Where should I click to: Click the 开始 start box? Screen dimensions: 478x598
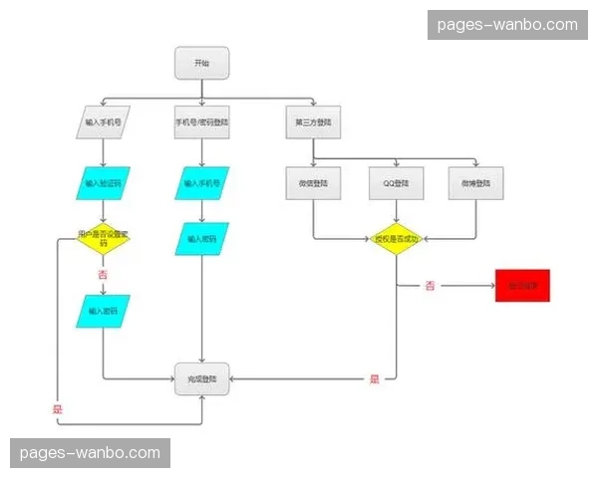201,63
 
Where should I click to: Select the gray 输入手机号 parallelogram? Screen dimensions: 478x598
104,122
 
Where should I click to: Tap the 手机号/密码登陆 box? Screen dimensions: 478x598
201,122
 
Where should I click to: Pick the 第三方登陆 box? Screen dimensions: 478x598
313,122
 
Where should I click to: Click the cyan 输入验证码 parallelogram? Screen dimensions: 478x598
104,183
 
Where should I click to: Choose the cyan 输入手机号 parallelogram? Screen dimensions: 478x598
201,183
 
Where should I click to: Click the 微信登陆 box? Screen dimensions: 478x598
313,183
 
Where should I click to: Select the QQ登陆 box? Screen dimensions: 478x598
397,183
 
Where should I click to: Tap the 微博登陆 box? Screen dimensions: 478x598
476,183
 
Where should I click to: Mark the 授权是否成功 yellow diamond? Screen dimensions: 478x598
397,239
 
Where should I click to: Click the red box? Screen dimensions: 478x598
522,286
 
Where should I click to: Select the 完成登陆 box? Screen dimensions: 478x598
201,379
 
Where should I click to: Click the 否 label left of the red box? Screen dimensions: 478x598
430,286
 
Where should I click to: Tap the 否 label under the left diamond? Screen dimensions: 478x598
103,274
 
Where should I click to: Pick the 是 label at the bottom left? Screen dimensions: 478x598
57,409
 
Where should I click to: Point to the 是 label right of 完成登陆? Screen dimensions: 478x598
375,378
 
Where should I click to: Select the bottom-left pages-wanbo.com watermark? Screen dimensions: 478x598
91,453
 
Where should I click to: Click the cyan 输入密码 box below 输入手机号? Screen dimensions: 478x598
201,239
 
